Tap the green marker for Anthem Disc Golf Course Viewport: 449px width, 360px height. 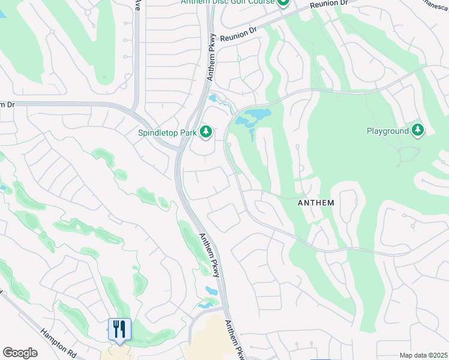[x=283, y=2]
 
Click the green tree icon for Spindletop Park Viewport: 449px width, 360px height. [x=206, y=131]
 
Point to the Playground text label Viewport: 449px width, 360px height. [x=388, y=131]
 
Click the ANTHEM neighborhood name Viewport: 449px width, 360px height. [x=316, y=203]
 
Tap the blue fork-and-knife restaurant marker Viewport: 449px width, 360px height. [x=119, y=329]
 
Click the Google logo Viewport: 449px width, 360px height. [x=20, y=352]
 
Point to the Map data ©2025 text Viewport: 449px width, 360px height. [x=423, y=355]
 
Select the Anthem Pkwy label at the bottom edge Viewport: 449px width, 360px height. [x=235, y=340]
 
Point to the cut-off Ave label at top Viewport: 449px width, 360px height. [x=137, y=5]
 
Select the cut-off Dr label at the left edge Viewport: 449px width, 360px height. [x=7, y=104]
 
